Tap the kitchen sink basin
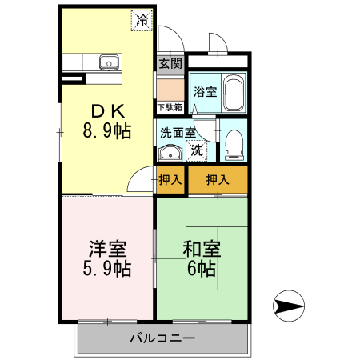pos(107,63)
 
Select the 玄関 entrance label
pos(170,63)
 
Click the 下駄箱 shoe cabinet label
pos(169,107)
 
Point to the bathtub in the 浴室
pos(234,94)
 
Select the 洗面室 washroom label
pos(178,132)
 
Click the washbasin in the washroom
pos(170,153)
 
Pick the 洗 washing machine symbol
pos(195,150)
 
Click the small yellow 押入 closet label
pos(170,179)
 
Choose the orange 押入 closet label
pos(218,179)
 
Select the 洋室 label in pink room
pos(106,247)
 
